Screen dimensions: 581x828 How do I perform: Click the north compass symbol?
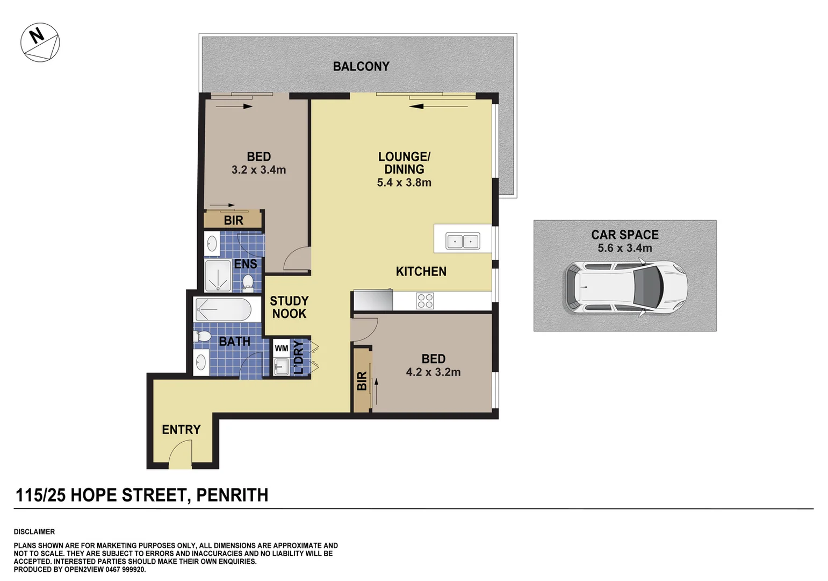click(x=40, y=42)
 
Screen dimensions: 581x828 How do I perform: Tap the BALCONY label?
click(x=361, y=66)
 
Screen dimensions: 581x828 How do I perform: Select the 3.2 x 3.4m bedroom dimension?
click(x=258, y=170)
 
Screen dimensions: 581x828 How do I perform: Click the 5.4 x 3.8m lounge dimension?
click(x=404, y=182)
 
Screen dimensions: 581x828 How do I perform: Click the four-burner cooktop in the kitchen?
click(x=424, y=301)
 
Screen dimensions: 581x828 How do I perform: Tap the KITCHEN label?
click(x=421, y=272)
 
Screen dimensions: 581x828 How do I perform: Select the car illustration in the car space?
click(x=625, y=287)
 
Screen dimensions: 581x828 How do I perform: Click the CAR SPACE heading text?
click(x=624, y=235)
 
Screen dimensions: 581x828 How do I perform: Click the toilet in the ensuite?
click(x=248, y=282)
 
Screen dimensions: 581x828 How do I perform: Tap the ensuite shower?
click(x=218, y=277)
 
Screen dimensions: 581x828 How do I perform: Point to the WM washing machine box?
click(x=282, y=348)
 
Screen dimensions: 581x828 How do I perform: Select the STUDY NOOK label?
click(x=289, y=307)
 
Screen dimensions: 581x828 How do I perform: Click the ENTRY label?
click(x=181, y=429)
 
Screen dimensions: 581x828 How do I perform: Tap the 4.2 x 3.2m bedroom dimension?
click(x=433, y=372)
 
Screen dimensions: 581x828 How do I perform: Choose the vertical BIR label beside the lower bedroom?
click(x=362, y=381)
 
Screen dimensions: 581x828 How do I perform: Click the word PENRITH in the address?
click(x=232, y=495)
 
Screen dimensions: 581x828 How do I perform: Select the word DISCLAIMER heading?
click(x=34, y=532)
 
